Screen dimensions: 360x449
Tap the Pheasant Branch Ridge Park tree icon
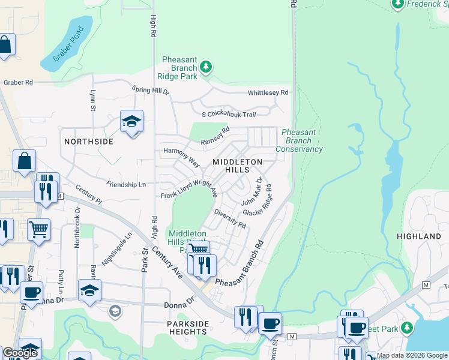pos(206,66)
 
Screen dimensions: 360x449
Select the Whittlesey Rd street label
pos(268,93)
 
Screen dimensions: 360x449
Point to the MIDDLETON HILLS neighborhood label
pos(238,166)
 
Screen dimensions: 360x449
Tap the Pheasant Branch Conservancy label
pos(299,140)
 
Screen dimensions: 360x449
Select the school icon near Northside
pos(131,122)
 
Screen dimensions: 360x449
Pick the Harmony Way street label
pos(181,157)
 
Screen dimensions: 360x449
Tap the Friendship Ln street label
pos(126,184)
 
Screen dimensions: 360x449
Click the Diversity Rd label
pos(230,220)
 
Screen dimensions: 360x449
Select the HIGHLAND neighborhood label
pos(419,236)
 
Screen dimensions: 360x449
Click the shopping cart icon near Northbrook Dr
pos(38,229)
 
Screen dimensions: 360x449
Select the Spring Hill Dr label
pos(151,90)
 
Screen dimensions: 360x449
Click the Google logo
pos(20,353)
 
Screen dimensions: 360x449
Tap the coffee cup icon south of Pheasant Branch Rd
pos(270,323)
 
